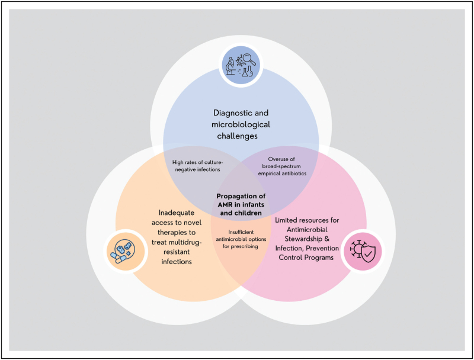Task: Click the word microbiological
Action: tap(241, 124)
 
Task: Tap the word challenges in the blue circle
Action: tap(241, 137)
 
